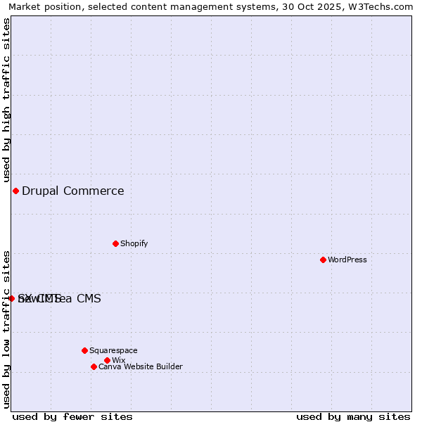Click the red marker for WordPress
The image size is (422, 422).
tap(323, 260)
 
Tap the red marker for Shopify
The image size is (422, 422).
tap(115, 243)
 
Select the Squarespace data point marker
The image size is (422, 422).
tap(84, 350)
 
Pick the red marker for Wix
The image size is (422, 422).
tap(107, 360)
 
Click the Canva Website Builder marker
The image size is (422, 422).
tap(94, 366)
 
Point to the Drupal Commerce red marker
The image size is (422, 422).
tap(15, 191)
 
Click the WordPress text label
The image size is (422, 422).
tap(347, 260)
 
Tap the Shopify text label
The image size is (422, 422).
tap(134, 243)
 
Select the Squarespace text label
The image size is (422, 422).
tap(113, 350)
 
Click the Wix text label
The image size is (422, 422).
tap(118, 360)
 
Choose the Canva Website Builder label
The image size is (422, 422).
tap(141, 366)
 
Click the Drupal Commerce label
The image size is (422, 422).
tap(73, 191)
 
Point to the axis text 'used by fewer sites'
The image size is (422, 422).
tap(72, 416)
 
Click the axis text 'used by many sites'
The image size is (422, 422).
tap(353, 416)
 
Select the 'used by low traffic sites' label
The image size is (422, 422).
tap(7, 328)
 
